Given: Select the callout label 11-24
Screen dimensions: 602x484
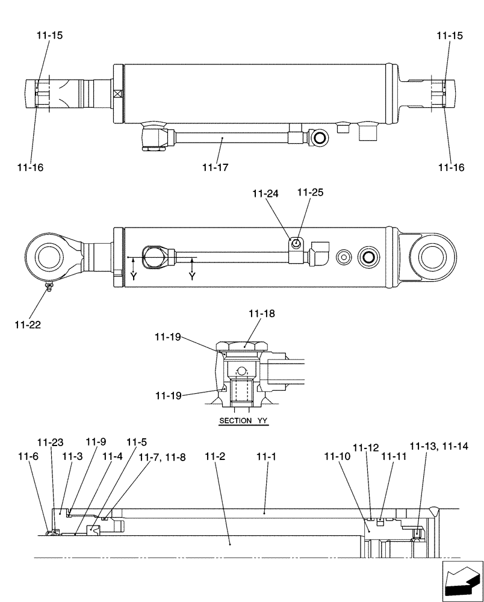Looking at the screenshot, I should tap(266, 194).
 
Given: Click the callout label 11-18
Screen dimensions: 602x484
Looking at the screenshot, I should tap(261, 314).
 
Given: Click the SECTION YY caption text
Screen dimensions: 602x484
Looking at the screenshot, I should tap(244, 421).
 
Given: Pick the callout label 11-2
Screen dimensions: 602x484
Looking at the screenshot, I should tap(215, 457).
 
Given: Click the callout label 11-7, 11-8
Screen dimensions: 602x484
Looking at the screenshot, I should tap(162, 458).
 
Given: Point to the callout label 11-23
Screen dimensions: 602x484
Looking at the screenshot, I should tap(49, 442).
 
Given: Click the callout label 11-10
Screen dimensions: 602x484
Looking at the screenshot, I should tap(337, 457).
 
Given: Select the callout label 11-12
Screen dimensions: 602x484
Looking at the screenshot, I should tap(366, 447).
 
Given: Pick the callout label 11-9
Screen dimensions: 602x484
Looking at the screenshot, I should tap(95, 442).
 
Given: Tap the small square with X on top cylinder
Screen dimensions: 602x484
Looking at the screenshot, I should tap(117, 94).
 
